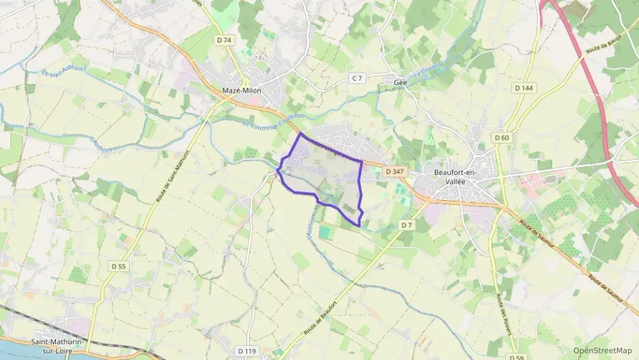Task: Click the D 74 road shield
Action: tap(224, 40)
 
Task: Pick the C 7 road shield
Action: tap(356, 79)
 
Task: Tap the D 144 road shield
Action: tap(524, 88)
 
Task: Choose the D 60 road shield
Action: tap(502, 138)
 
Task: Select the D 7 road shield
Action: tap(408, 225)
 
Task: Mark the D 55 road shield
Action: tap(118, 266)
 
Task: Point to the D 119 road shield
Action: tap(247, 351)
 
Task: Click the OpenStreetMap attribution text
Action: tap(602, 350)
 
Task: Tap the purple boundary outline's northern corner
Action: tap(300, 134)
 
